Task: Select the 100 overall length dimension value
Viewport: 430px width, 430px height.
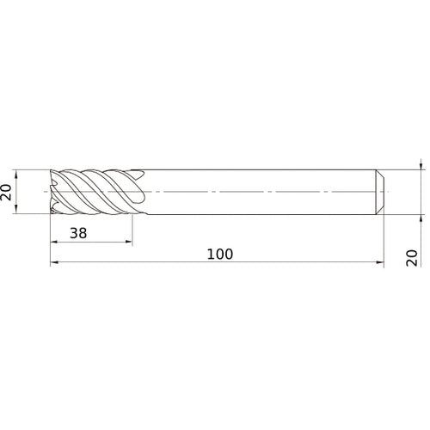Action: pos(220,255)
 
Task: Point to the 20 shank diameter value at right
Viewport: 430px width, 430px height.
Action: pos(412,257)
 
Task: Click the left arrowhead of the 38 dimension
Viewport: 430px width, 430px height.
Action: pos(53,243)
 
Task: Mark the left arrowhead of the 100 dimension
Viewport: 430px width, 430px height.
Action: pos(53,264)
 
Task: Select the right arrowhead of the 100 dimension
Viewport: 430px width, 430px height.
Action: pos(380,264)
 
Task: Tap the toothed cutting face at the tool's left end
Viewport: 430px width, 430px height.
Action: pos(55,191)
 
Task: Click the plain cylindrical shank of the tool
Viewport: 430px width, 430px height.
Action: pos(258,191)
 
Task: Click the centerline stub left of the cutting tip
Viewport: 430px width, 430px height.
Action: pos(45,191)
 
